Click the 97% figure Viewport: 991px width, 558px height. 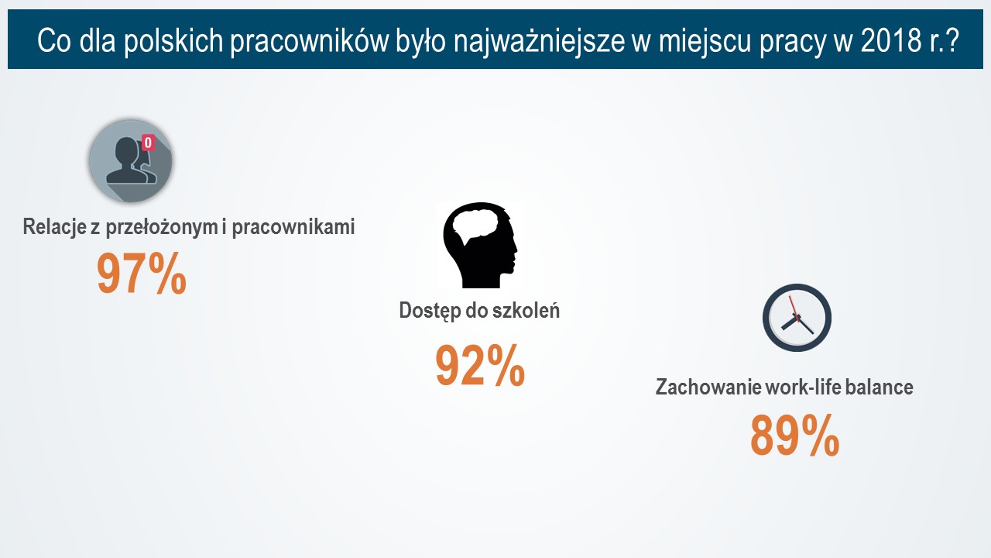tap(142, 274)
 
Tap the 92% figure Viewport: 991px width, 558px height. tap(480, 366)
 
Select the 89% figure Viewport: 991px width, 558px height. tap(794, 436)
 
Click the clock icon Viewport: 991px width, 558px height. tap(797, 318)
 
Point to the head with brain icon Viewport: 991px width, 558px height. tap(480, 245)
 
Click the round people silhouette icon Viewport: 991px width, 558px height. tap(131, 161)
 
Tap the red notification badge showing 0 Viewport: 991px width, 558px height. tap(148, 143)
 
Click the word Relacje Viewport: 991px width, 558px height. tap(54, 227)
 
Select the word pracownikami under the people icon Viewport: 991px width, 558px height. tap(293, 227)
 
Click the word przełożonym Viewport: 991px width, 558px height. tap(162, 227)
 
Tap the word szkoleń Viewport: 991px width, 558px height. tap(526, 310)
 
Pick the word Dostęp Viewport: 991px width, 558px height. tap(428, 312)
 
